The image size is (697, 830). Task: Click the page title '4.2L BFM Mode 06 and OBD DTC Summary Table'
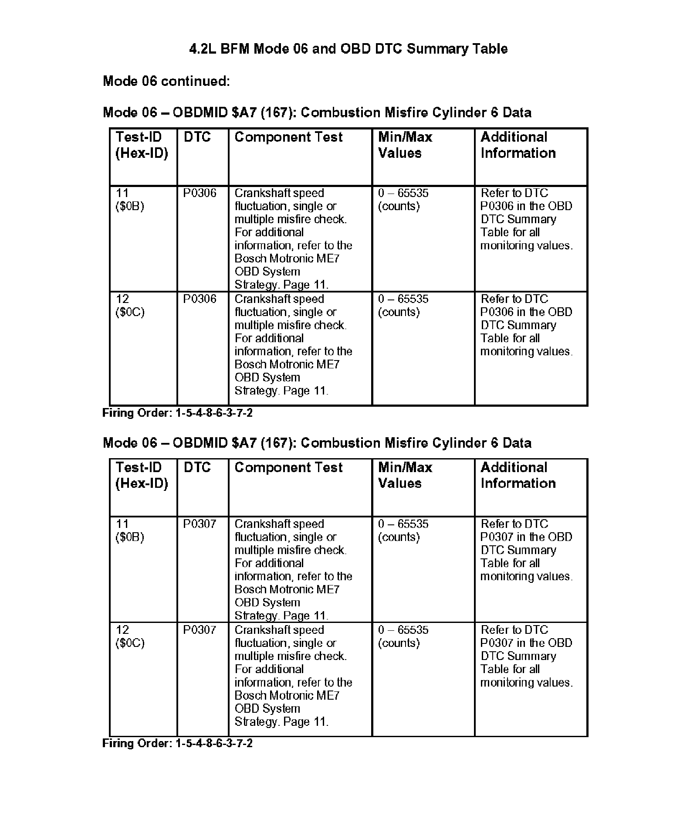point(348,48)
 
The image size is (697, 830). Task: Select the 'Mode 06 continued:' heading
point(166,81)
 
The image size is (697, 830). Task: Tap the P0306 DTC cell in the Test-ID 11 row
point(200,193)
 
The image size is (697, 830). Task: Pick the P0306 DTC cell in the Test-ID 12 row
point(200,299)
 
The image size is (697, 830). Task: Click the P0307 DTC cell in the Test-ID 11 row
point(200,524)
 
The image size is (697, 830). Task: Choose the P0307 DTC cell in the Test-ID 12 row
point(200,630)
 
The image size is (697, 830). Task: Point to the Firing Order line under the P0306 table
point(177,413)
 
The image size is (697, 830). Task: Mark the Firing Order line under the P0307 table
point(177,743)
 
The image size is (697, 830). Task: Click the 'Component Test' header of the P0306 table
point(288,137)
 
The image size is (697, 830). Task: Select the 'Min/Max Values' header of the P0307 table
point(405,475)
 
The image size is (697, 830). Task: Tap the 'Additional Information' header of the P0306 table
point(518,145)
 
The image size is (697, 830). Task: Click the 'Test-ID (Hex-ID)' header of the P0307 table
point(142,475)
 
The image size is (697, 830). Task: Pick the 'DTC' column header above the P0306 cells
point(197,137)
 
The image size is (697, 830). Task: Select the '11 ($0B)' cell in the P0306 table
point(130,200)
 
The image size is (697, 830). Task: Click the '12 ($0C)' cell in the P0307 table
point(130,636)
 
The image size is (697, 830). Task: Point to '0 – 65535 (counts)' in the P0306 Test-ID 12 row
point(403,306)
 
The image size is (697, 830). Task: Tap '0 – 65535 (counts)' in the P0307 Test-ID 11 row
point(403,531)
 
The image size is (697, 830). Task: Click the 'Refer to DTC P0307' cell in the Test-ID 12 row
point(526,656)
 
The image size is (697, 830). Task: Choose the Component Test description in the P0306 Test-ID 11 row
point(293,239)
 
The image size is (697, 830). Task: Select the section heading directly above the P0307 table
point(317,443)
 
